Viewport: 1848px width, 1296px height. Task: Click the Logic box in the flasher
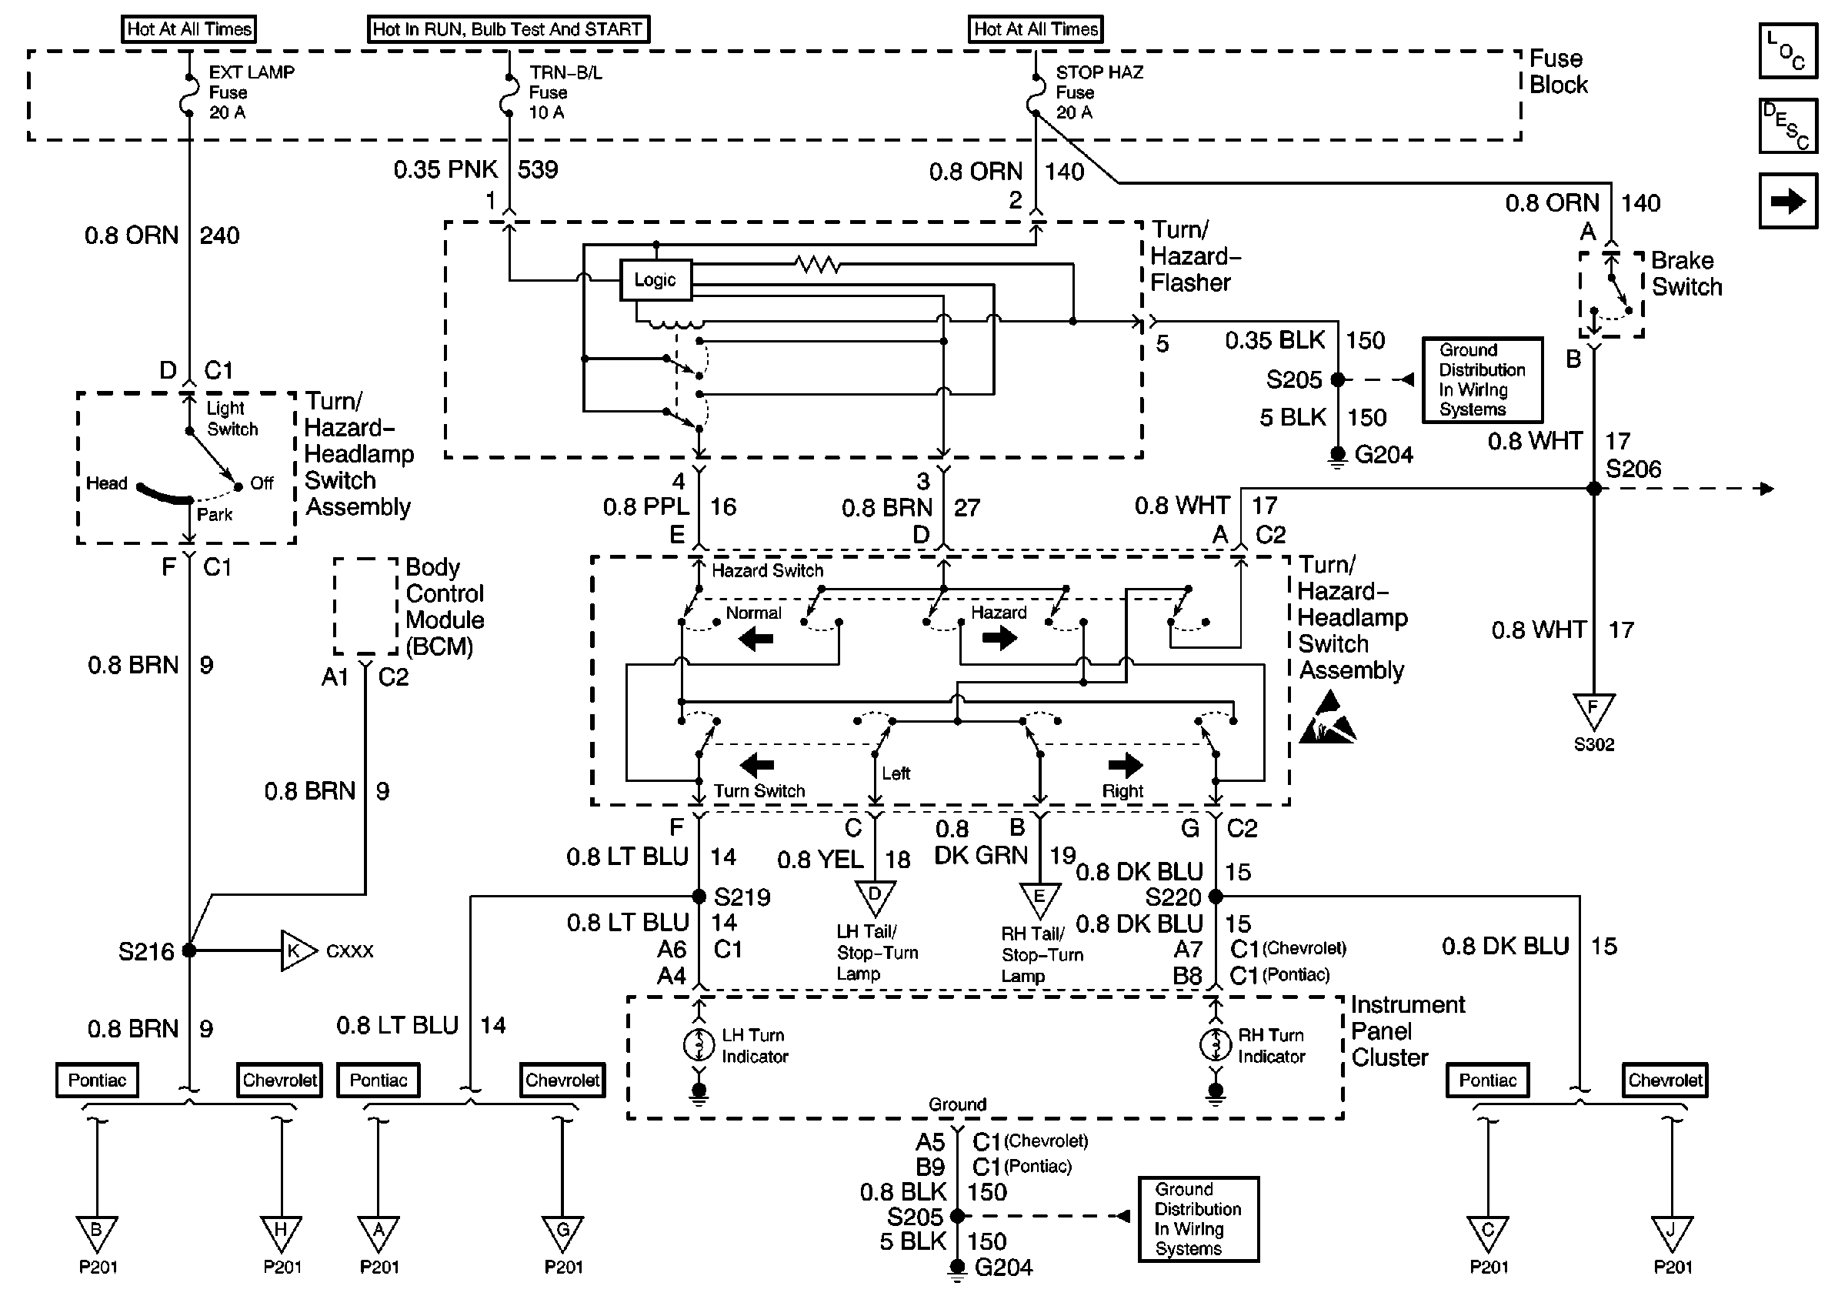[x=655, y=280]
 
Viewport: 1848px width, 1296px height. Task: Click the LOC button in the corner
[x=1788, y=51]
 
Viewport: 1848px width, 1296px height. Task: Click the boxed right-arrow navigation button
[x=1788, y=200]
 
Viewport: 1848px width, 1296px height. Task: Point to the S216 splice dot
[x=189, y=950]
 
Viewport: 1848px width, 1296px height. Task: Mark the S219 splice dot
[x=699, y=896]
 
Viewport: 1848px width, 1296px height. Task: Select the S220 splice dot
[x=1216, y=896]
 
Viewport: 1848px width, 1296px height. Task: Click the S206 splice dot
[x=1593, y=489]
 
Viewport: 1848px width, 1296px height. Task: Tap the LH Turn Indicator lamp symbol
[x=699, y=1044]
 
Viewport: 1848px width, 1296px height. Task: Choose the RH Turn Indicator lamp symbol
[x=1215, y=1044]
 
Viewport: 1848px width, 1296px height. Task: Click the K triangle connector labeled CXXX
[x=296, y=950]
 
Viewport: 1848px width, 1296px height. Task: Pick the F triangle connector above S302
[x=1593, y=709]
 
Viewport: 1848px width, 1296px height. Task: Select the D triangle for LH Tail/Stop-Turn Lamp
[x=875, y=896]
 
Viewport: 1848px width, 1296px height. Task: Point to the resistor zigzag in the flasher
[x=817, y=264]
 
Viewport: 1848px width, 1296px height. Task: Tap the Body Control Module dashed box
[x=366, y=606]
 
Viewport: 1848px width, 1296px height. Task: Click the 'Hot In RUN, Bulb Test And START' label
[x=508, y=29]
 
